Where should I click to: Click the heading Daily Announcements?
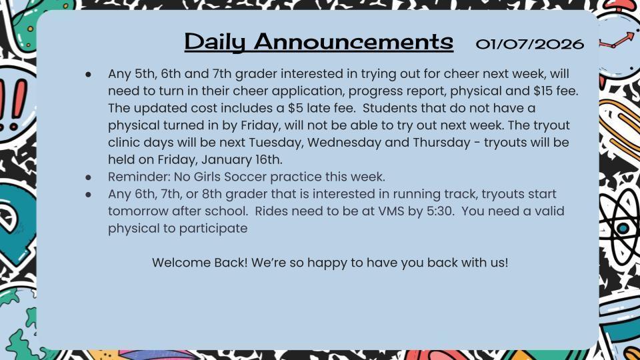pyautogui.click(x=319, y=41)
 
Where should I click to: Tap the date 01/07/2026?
pyautogui.click(x=530, y=44)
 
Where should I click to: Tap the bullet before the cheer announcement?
pyautogui.click(x=89, y=73)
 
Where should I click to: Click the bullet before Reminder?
pyautogui.click(x=89, y=177)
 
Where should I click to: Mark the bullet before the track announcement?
pyautogui.click(x=89, y=194)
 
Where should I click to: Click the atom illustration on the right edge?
pyautogui.click(x=621, y=227)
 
